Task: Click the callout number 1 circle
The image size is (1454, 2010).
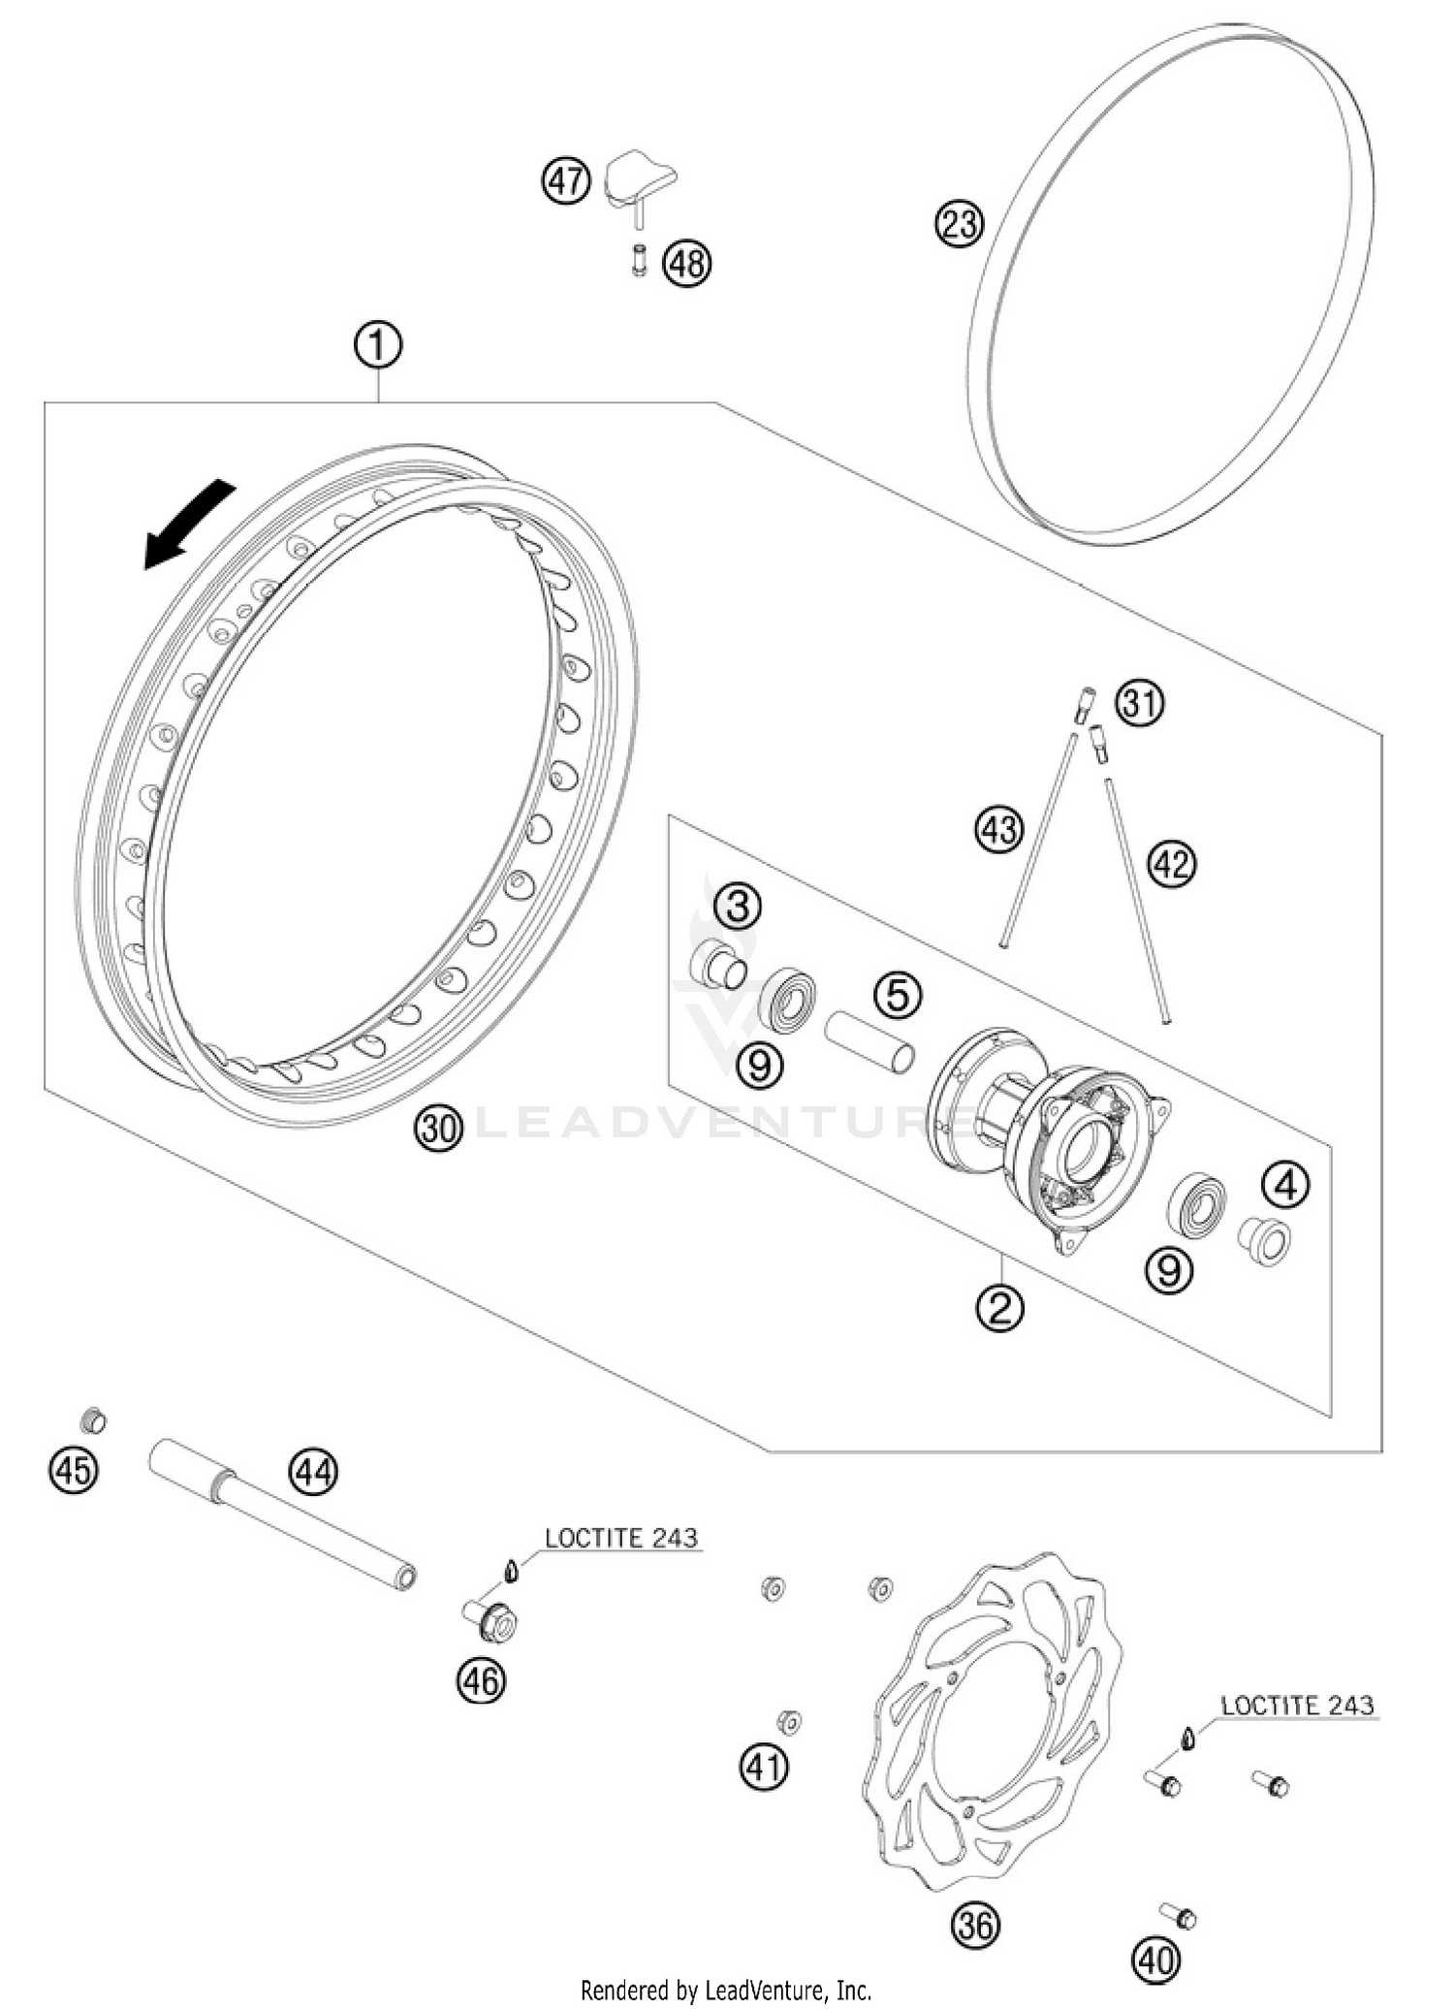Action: pyautogui.click(x=378, y=346)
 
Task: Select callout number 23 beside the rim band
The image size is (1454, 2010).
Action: pyautogui.click(x=959, y=224)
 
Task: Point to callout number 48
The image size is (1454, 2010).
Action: pyautogui.click(x=687, y=264)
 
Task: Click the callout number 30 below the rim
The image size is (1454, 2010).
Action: pyautogui.click(x=439, y=1128)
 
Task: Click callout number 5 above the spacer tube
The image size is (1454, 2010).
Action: pyautogui.click(x=897, y=996)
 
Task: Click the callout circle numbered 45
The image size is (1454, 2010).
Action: pyautogui.click(x=74, y=1471)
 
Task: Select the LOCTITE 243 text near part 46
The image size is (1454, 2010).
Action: pyautogui.click(x=620, y=1538)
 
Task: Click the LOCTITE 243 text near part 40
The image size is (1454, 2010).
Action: pyautogui.click(x=1297, y=1706)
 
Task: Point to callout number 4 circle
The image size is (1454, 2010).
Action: pyautogui.click(x=1286, y=1185)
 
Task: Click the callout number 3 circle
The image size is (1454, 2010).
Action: pyautogui.click(x=739, y=908)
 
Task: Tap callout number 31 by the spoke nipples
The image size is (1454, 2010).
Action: pyautogui.click(x=1140, y=703)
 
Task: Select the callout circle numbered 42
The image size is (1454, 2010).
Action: pyautogui.click(x=1172, y=863)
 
